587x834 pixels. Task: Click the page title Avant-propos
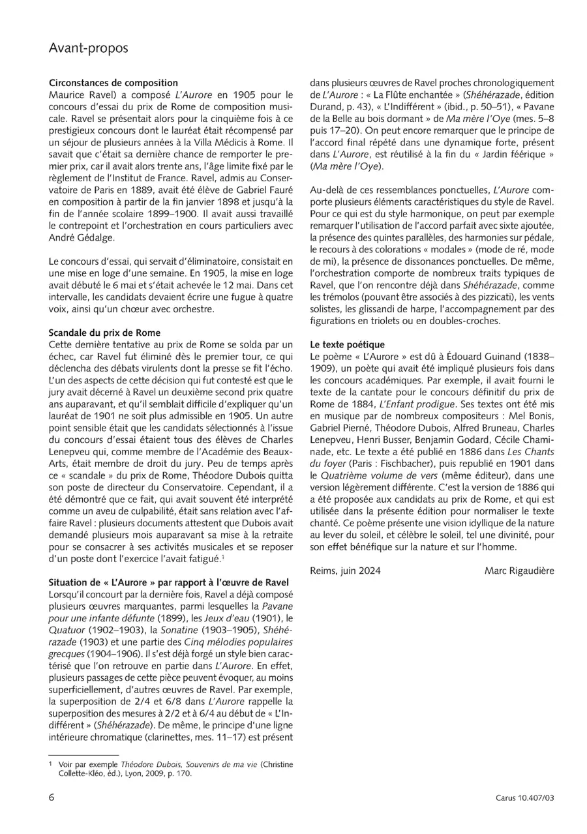[x=89, y=49]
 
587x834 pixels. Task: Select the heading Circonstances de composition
[x=113, y=83]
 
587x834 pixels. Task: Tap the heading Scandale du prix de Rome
[x=104, y=333]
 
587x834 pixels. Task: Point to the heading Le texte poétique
[x=348, y=344]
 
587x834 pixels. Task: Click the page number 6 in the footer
[x=52, y=797]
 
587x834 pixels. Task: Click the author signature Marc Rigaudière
[x=519, y=571]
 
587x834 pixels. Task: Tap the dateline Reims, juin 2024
[x=346, y=571]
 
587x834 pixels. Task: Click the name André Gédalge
[x=82, y=237]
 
